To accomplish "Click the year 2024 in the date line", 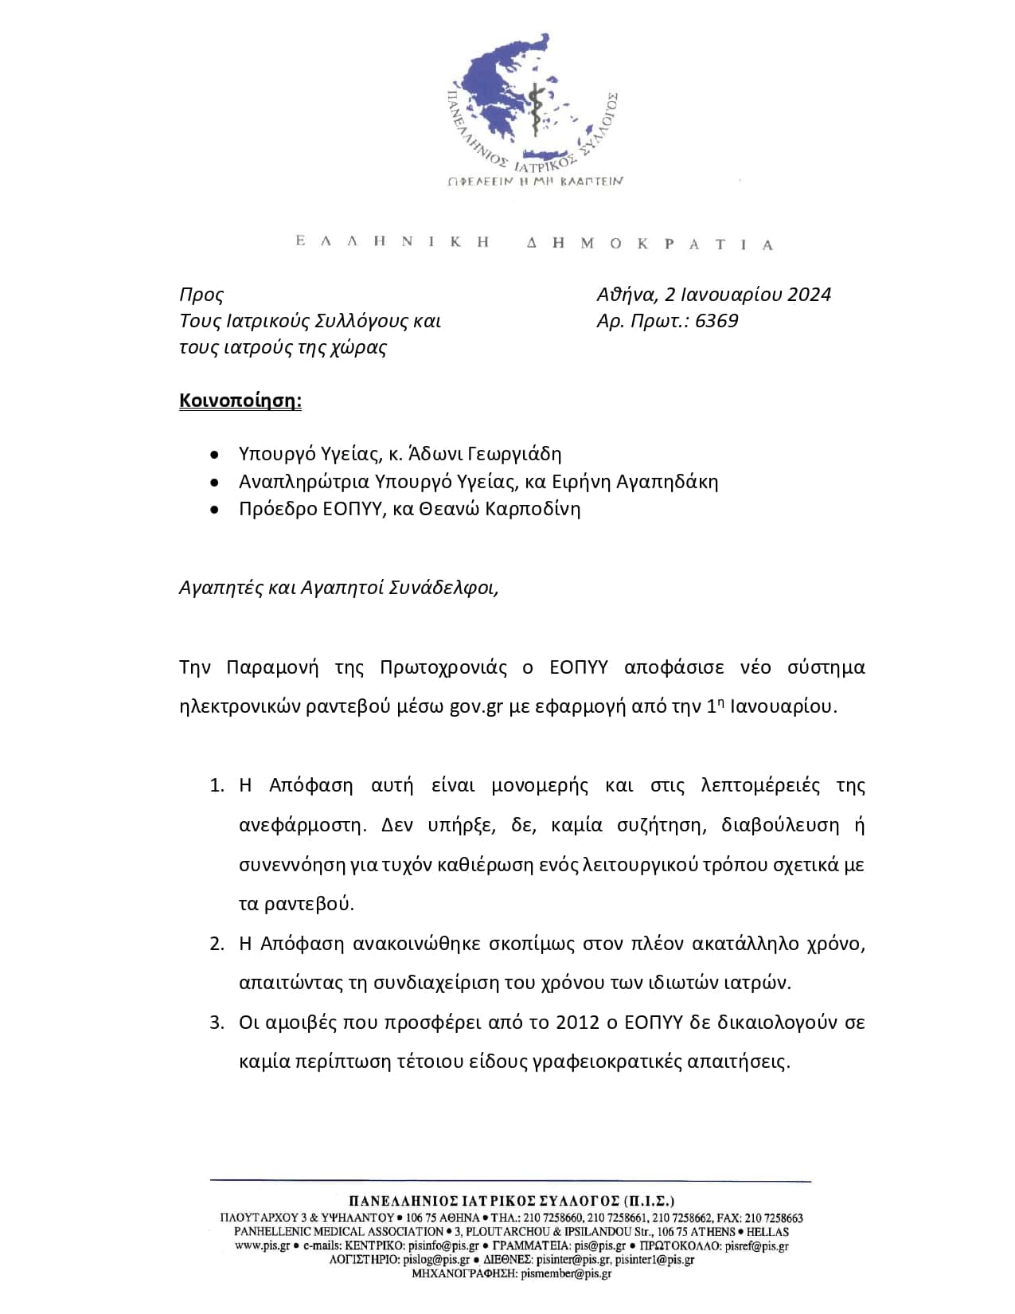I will pyautogui.click(x=809, y=295).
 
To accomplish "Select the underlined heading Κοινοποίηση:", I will pyautogui.click(x=240, y=401).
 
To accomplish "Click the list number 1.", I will pyautogui.click(x=217, y=786).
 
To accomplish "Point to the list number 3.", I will pyautogui.click(x=217, y=1023).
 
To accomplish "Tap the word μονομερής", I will pyautogui.click(x=540, y=786).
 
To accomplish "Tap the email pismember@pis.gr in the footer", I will pyautogui.click(x=566, y=1274).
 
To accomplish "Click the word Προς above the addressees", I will pyautogui.click(x=201, y=295).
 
